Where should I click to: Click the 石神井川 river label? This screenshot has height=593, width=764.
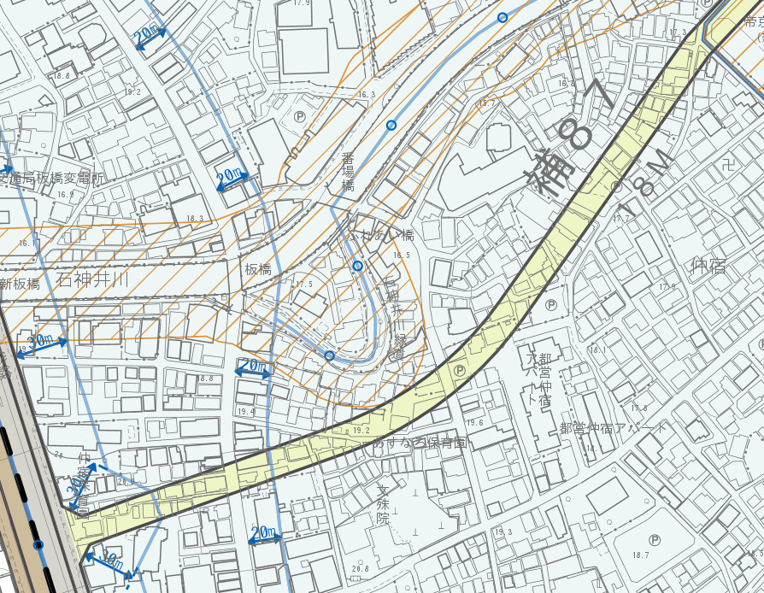tap(93, 279)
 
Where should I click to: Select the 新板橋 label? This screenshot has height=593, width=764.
tap(21, 284)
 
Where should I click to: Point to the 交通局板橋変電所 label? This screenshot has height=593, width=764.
tap(51, 179)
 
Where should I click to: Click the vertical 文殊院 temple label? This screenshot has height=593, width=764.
tap(383, 506)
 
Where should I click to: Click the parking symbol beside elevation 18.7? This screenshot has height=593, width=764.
tap(655, 539)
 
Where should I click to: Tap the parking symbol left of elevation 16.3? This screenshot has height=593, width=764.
tap(300, 116)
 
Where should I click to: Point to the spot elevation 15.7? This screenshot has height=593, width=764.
tap(487, 103)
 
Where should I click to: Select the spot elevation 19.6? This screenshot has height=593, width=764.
tap(476, 423)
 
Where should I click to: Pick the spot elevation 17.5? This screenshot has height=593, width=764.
tap(305, 284)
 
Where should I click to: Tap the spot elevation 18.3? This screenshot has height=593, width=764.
tap(195, 219)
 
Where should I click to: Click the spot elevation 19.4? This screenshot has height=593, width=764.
tap(247, 412)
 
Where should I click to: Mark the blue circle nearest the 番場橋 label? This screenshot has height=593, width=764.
tap(391, 126)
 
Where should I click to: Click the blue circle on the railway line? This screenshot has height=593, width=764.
tap(38, 544)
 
